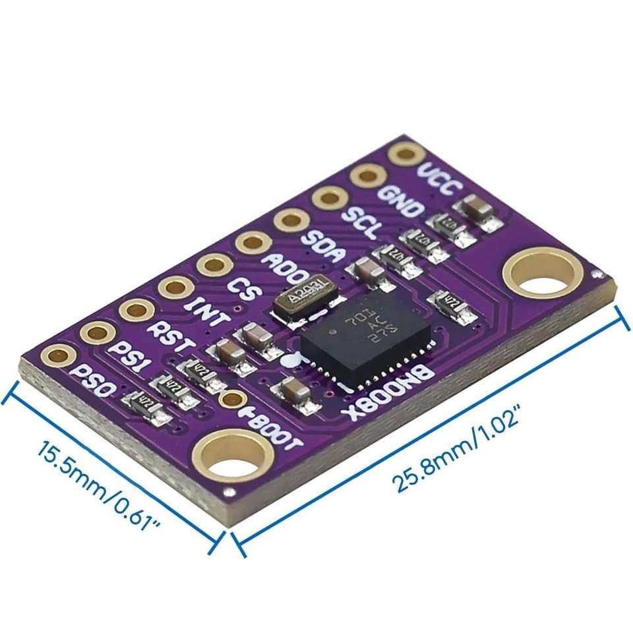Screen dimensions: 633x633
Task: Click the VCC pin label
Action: tap(437, 179)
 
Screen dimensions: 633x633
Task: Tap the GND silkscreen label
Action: tap(400, 202)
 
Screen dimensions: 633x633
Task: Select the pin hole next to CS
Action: tap(214, 265)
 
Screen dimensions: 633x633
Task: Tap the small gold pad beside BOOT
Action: tap(232, 399)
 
